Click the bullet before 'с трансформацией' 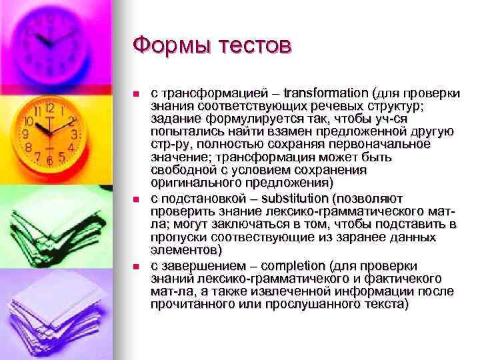[x=136, y=93]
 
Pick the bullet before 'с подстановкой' [x=136, y=199]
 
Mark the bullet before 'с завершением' [x=136, y=265]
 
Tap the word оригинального [x=193, y=183]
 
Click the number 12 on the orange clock [x=49, y=107]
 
